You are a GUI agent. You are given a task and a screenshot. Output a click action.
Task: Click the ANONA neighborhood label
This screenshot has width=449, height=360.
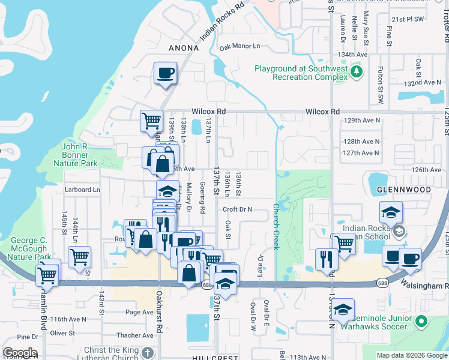coord(184,48)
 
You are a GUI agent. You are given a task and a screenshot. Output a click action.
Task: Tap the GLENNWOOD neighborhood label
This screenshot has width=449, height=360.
coord(404,190)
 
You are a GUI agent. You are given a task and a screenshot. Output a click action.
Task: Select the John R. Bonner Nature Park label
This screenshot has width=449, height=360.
coord(75,154)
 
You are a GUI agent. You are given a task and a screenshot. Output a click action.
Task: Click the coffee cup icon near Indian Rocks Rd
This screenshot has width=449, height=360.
coord(165,74)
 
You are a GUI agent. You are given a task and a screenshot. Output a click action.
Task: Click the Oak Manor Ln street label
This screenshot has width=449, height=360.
coord(240,46)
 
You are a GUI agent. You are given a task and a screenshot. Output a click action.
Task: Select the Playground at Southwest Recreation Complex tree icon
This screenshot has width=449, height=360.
coord(357,73)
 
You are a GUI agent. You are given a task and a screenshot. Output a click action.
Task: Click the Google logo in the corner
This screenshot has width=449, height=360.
coord(20,353)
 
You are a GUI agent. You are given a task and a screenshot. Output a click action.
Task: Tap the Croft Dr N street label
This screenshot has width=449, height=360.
coord(238,209)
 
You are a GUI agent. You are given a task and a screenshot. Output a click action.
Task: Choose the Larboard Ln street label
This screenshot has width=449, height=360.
coord(83,190)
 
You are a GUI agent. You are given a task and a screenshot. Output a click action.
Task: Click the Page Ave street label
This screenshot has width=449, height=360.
coord(139,312)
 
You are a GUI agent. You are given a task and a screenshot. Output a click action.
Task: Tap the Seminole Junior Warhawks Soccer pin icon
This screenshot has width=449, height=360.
coord(421,322)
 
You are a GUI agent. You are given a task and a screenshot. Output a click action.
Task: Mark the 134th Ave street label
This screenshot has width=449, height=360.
coord(352,54)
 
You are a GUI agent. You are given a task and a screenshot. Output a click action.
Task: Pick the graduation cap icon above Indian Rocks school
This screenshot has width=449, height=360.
coord(390,212)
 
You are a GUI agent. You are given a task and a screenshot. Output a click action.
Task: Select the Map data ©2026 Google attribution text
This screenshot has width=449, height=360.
coord(411,355)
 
